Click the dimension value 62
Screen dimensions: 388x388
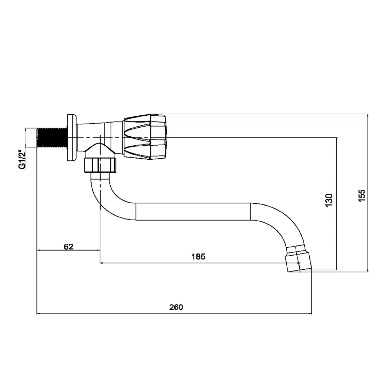tap(69, 247)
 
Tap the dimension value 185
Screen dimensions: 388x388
tap(198, 257)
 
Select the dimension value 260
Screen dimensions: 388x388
tap(176, 307)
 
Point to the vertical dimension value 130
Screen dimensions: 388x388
tap(329, 200)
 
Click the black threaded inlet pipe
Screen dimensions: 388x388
tap(52, 137)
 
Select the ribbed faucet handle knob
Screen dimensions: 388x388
tap(145, 136)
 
